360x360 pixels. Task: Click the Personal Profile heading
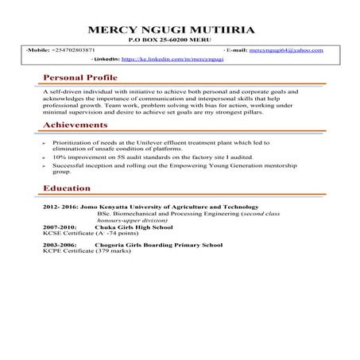(x=79, y=78)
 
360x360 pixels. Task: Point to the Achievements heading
(x=75, y=125)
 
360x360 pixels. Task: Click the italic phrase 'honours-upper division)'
(x=130, y=219)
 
